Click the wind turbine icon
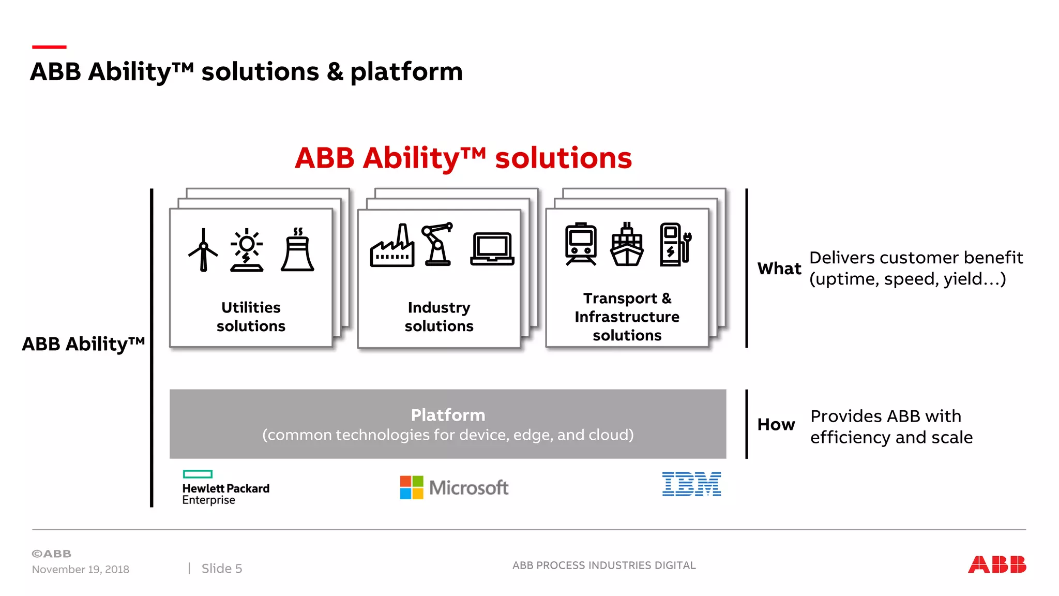point(203,250)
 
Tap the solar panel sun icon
point(247,250)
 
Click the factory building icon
point(392,247)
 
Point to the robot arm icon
point(437,244)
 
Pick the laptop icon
point(492,249)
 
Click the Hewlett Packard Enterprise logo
point(225,487)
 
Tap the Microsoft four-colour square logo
point(412,487)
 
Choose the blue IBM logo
point(691,484)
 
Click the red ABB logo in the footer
point(996,564)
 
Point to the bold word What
point(779,269)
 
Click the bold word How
point(776,424)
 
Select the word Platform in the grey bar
point(448,415)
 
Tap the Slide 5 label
point(221,569)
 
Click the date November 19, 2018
point(81,569)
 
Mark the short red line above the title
point(49,47)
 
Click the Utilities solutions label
point(251,317)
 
